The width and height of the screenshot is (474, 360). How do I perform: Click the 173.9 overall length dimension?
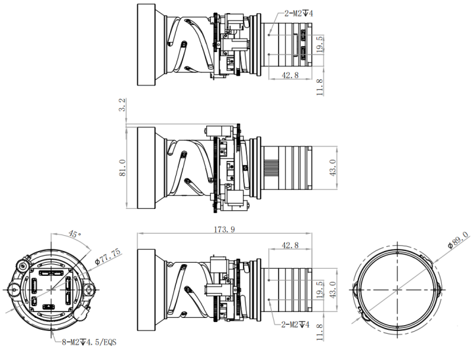point(225,230)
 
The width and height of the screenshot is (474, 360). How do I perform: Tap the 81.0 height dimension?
point(122,168)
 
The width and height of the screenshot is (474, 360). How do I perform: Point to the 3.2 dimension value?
point(122,104)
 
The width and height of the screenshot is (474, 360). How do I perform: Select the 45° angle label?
point(75,234)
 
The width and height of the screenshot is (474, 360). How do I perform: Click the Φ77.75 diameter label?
point(108,257)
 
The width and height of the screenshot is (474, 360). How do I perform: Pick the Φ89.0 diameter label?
point(458,240)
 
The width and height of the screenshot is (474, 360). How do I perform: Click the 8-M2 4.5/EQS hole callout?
point(89,342)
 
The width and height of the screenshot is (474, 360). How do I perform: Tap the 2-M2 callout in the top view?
point(299,14)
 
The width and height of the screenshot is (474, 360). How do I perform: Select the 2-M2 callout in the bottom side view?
point(295,325)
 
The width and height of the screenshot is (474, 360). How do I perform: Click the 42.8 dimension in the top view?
point(290,75)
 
